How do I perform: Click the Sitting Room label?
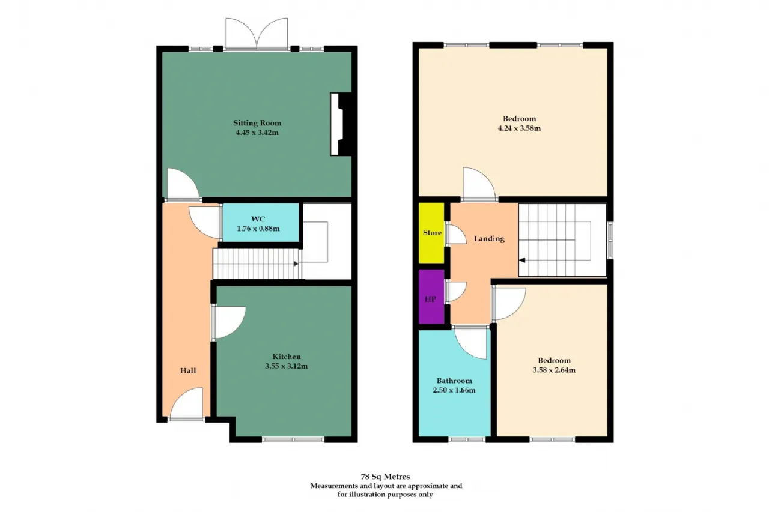pos(257,123)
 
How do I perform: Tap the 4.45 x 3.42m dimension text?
pos(257,133)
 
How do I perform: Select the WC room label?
pos(258,219)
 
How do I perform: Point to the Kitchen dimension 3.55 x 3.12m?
pos(287,366)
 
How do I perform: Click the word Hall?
pos(188,370)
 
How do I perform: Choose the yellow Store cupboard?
pos(431,233)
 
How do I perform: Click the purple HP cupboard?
pos(431,297)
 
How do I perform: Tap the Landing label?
pos(489,239)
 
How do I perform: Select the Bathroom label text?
pos(454,381)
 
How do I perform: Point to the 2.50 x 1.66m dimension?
pos(454,390)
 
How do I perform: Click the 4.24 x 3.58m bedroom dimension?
pos(519,128)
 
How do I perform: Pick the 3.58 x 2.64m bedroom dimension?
pos(554,370)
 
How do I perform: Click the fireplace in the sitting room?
pos(341,124)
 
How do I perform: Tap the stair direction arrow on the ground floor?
pos(296,264)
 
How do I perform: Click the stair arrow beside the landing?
pos(522,261)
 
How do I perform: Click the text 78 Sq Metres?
pos(385,477)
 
